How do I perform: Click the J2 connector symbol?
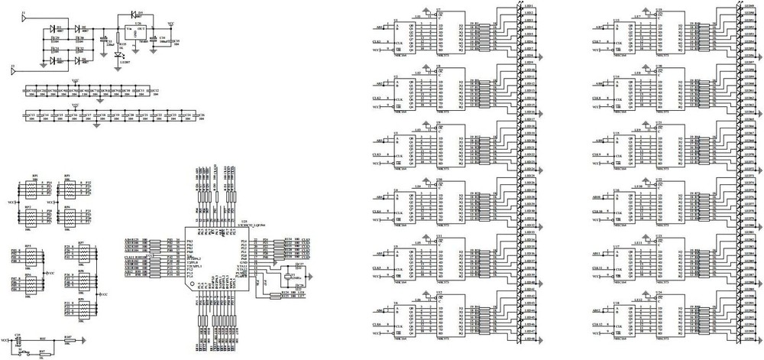coord(14,72)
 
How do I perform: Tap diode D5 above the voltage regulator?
coord(134,15)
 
